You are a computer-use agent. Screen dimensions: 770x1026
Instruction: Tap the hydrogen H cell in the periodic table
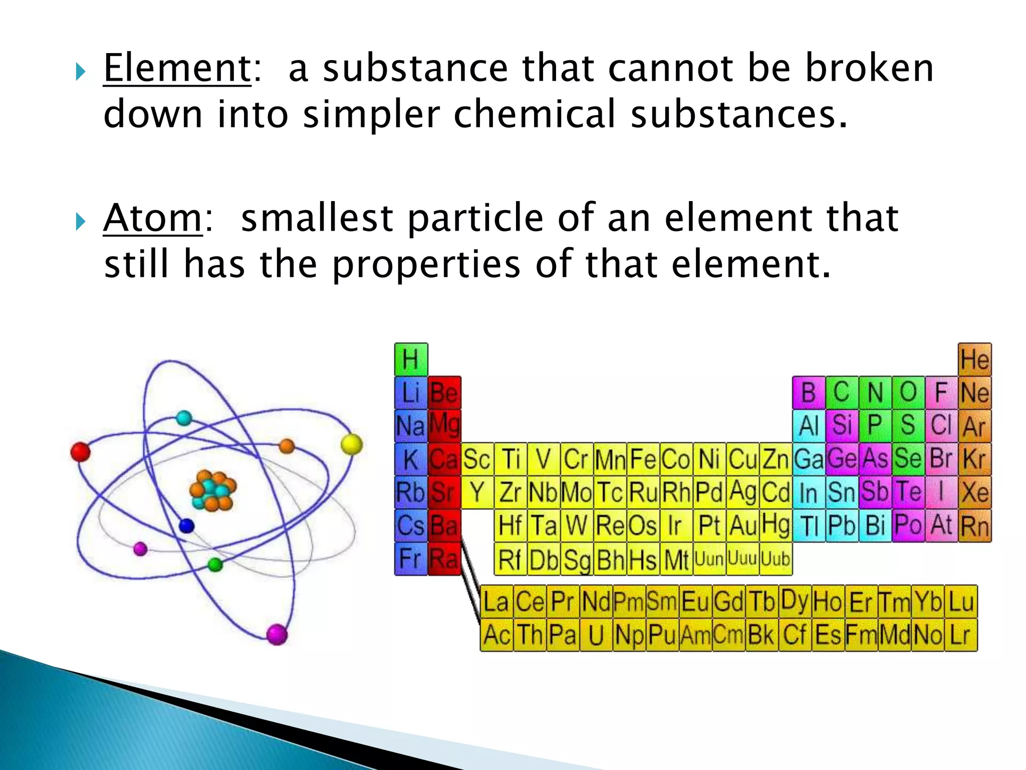tap(411, 359)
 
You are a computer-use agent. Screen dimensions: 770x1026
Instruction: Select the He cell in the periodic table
tap(974, 359)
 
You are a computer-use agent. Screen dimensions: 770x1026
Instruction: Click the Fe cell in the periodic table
tap(643, 459)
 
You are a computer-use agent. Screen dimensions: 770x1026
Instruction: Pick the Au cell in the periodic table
tap(742, 525)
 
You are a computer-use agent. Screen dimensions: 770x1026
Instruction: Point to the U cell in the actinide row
tap(596, 635)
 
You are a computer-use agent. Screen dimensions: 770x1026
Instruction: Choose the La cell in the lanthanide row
tap(496, 602)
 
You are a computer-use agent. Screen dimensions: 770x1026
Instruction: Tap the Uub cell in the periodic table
tap(776, 558)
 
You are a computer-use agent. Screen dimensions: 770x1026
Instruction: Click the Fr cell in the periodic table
tap(411, 558)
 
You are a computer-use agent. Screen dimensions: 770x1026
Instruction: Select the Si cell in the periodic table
tap(842, 426)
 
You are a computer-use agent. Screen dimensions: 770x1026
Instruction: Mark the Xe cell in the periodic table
tap(974, 492)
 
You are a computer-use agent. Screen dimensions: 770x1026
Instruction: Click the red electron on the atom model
tap(80, 452)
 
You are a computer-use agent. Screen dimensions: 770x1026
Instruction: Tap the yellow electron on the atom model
tap(351, 444)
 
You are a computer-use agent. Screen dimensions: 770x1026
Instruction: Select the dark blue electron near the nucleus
tap(186, 526)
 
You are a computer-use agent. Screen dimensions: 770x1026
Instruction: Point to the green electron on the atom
tap(215, 565)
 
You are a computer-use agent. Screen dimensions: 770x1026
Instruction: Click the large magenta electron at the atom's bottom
tap(277, 634)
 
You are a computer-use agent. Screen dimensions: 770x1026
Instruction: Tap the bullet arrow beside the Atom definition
tap(80, 221)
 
